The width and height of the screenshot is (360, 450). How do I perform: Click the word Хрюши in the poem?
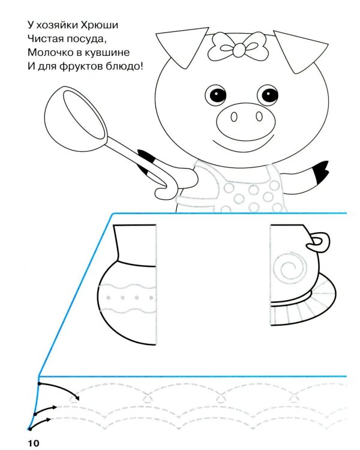coord(99,25)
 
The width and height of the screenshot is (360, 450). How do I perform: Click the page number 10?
coord(34,443)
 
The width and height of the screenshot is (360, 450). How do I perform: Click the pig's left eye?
coord(216,95)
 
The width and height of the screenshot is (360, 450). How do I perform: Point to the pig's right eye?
coord(268,95)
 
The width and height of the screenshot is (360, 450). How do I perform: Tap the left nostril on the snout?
coord(234,117)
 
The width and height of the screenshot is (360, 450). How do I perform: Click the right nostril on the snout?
coord(259,116)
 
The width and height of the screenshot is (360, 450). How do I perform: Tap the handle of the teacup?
coord(318,242)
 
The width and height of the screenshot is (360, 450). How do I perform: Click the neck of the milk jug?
coord(136,245)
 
